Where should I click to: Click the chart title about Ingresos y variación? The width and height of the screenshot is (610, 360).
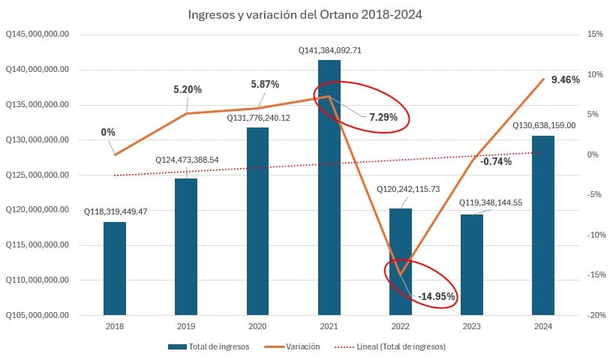[305, 14]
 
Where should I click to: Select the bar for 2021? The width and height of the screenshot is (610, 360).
[329, 187]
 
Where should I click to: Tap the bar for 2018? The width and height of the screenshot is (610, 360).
[115, 268]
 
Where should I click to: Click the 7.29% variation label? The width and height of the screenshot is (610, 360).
[383, 118]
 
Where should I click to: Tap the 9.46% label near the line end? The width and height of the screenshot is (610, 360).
[564, 79]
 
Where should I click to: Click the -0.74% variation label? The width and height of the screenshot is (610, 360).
[496, 162]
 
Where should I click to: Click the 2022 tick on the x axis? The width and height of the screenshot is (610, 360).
[400, 326]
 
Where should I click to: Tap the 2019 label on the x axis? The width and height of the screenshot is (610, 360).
[186, 326]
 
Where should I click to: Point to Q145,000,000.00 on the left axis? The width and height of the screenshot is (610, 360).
[37, 34]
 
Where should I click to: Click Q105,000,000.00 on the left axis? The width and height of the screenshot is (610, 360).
[37, 315]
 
